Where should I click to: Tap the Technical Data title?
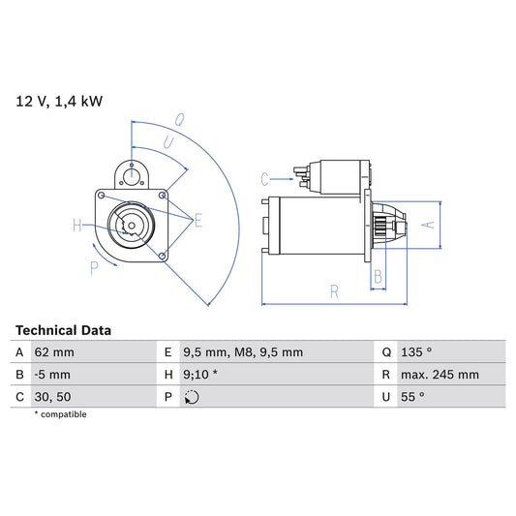[63, 330]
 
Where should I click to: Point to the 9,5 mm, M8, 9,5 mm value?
[243, 352]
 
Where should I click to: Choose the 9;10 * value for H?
[200, 375]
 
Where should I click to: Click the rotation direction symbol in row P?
[192, 397]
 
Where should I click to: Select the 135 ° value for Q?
[419, 352]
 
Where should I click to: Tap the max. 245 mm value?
[440, 375]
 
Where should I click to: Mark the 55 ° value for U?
[415, 397]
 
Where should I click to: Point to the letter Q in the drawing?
[178, 121]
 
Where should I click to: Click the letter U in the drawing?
[167, 142]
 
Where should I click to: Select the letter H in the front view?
[76, 227]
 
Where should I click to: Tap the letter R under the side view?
[332, 289]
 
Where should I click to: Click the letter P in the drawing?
[94, 268]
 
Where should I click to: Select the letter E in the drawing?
[197, 222]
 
